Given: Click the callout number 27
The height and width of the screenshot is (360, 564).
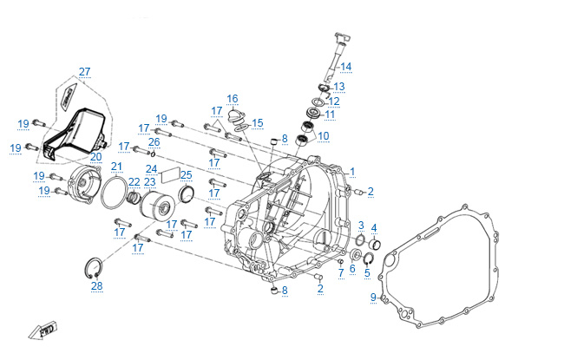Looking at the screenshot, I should pos(84,71).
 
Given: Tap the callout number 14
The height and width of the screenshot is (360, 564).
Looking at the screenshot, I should pos(346,67).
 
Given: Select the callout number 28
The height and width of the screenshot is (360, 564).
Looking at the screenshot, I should pos(97,285).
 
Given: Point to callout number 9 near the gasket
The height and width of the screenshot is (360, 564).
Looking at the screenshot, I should pos(373,298).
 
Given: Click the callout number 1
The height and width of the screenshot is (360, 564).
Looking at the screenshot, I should pos(352,172).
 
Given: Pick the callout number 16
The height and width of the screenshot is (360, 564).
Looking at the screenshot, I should pos(233,98).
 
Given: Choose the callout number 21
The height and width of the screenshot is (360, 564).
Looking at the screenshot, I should pos(116,167).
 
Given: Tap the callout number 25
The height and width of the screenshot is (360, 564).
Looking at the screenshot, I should pos(187,174).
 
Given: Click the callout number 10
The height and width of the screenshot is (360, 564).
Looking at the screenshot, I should pos(324,136).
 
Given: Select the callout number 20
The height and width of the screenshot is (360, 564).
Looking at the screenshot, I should pos(95,157).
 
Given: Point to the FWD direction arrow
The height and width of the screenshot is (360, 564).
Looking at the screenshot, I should pos(42,330).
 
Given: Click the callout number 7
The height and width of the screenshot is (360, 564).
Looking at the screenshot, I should pos(341,272).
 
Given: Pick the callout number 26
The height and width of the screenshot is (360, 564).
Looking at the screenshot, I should pos(154,141).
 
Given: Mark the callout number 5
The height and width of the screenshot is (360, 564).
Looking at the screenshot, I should pos(366,272).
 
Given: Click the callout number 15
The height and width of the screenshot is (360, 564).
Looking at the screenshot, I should pos(257,123).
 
